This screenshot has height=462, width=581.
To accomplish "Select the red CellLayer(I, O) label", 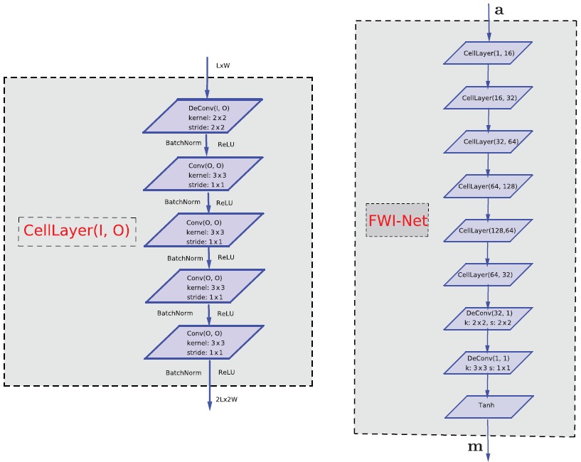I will tap(77, 231).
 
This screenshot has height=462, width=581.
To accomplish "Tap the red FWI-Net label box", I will tap(398, 220).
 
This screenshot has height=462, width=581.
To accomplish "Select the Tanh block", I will tap(488, 406).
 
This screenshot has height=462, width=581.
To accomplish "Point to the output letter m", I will tap(474, 446).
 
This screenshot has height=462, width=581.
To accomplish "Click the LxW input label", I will tap(223, 65).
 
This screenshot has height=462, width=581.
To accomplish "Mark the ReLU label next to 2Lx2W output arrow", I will tap(227, 372).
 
